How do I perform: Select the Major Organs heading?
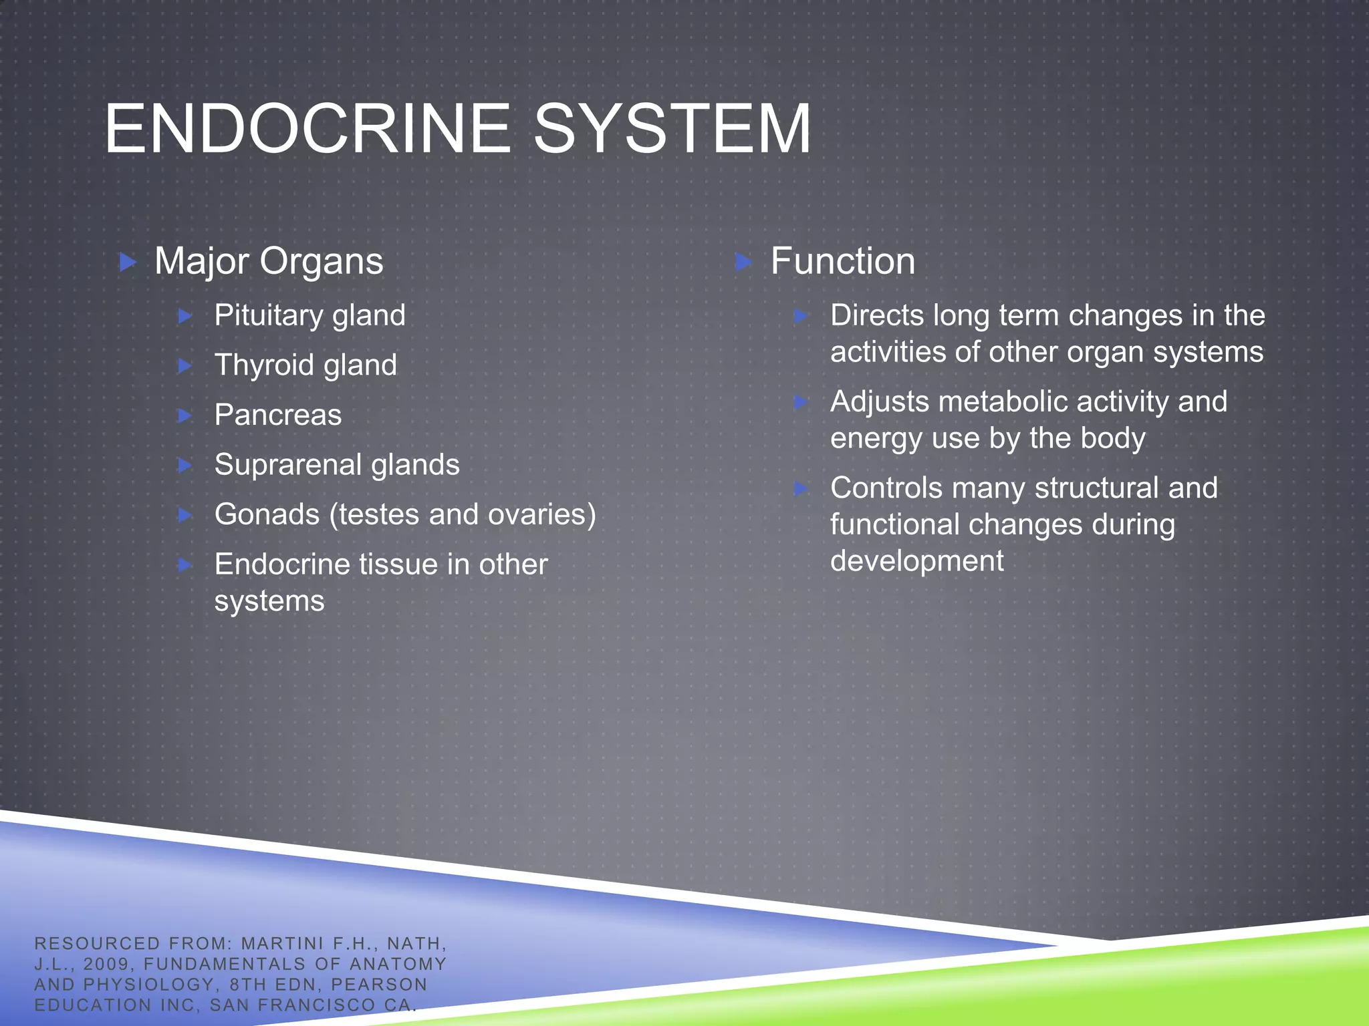pos(269,261)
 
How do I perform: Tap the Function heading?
pos(842,261)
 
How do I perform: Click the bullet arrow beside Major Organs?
pos(128,262)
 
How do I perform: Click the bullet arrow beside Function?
pos(743,262)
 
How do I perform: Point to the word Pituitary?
pos(267,315)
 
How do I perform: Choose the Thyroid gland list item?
pos(305,365)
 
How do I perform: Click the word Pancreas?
pos(277,415)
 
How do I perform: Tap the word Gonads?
pos(267,514)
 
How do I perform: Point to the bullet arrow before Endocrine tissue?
pos(186,565)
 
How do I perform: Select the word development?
pos(916,561)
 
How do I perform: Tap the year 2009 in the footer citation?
pos(106,964)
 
